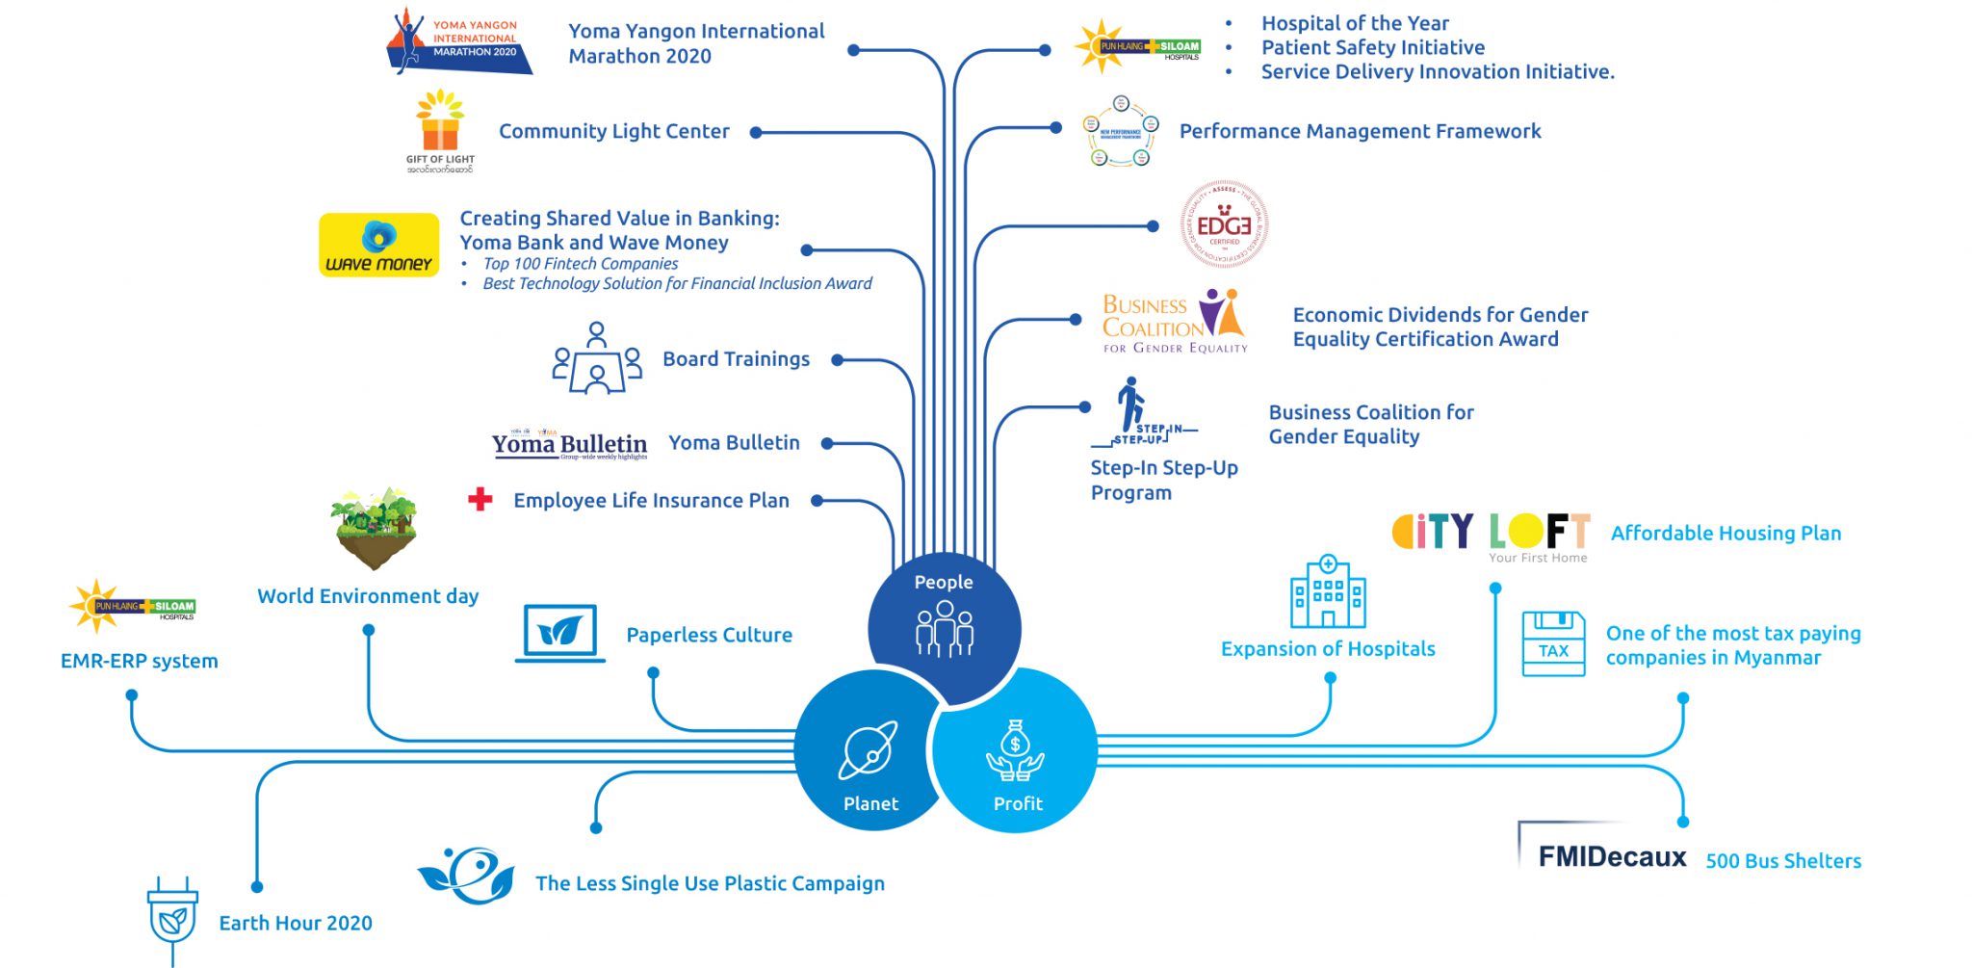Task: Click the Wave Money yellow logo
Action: [x=378, y=245]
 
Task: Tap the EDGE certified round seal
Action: [x=1224, y=224]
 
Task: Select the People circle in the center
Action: [x=944, y=620]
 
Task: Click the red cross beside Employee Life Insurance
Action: [x=480, y=499]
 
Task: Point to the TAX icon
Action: [x=1553, y=643]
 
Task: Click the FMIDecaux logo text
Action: [x=1611, y=856]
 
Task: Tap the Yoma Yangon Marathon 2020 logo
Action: [x=459, y=41]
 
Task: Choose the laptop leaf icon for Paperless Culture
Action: [x=560, y=633]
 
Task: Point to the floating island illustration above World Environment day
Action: [x=374, y=527]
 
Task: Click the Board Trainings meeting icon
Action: [x=597, y=359]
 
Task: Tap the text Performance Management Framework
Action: [x=1360, y=131]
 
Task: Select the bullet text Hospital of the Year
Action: [x=1354, y=23]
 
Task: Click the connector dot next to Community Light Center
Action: [x=756, y=133]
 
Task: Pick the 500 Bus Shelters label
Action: [x=1783, y=861]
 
